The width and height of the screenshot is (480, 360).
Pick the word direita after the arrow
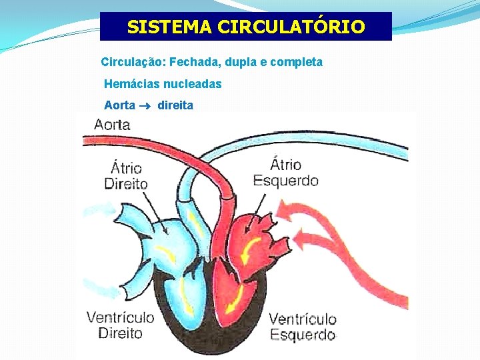pyautogui.click(x=175, y=105)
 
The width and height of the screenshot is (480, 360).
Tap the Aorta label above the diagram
pyautogui.click(x=113, y=124)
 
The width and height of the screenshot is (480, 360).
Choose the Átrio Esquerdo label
pyautogui.click(x=285, y=172)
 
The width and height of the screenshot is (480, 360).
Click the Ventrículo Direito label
pyautogui.click(x=121, y=325)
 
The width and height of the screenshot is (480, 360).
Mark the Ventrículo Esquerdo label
pyautogui.click(x=302, y=327)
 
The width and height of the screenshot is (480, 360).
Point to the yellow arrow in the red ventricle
pyautogui.click(x=233, y=301)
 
